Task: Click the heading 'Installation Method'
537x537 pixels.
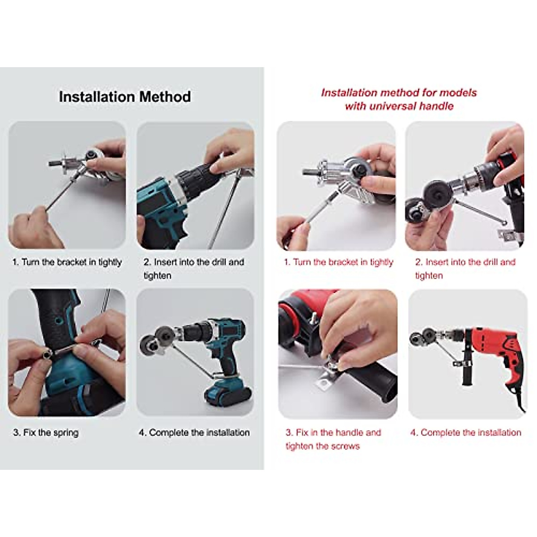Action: point(125,97)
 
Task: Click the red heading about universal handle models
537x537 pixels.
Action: point(399,99)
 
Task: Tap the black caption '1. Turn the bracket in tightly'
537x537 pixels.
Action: point(67,262)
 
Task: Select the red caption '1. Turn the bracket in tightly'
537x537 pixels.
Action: point(338,262)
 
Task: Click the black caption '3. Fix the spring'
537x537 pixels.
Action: point(46,433)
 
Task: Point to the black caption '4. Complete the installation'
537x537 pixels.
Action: point(194,433)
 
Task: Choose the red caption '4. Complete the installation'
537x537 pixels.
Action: point(465,433)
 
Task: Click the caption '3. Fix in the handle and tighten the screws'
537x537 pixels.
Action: point(333,439)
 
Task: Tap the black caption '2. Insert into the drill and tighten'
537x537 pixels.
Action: point(193,268)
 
